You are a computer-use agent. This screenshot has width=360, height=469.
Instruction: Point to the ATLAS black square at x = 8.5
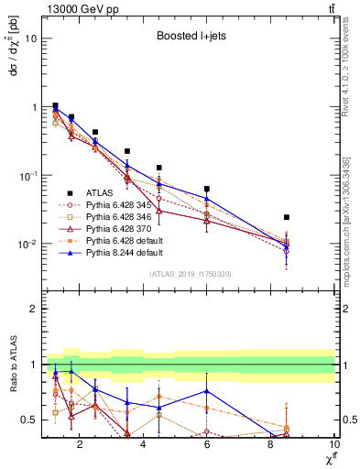[287, 217]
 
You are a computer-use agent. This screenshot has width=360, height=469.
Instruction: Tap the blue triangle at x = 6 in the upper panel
[207, 199]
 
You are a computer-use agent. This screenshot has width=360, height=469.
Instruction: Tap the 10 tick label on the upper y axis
[30, 38]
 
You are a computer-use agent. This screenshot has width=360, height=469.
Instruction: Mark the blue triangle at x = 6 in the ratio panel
[207, 391]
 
